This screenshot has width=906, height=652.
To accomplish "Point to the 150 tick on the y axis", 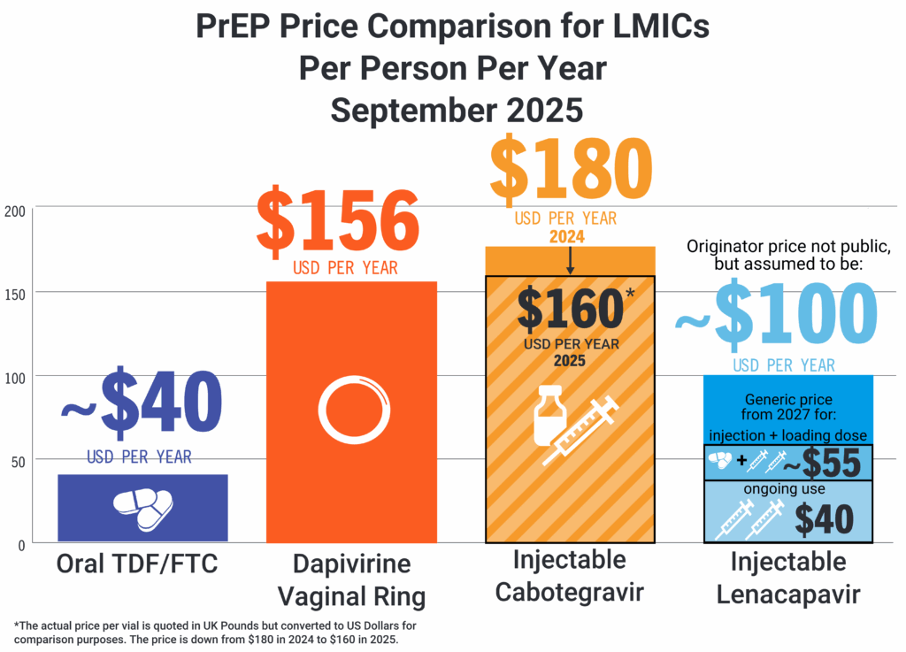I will pyautogui.click(x=16, y=293).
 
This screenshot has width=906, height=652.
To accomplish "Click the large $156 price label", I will pyautogui.click(x=337, y=221).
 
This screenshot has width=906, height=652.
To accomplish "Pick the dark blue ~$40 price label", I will pyautogui.click(x=141, y=405).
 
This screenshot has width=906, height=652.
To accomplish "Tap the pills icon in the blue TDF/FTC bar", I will pyautogui.click(x=142, y=508).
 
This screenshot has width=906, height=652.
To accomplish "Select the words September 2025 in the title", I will pyautogui.click(x=456, y=111).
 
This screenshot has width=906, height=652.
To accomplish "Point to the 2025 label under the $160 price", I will pyautogui.click(x=570, y=361).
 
